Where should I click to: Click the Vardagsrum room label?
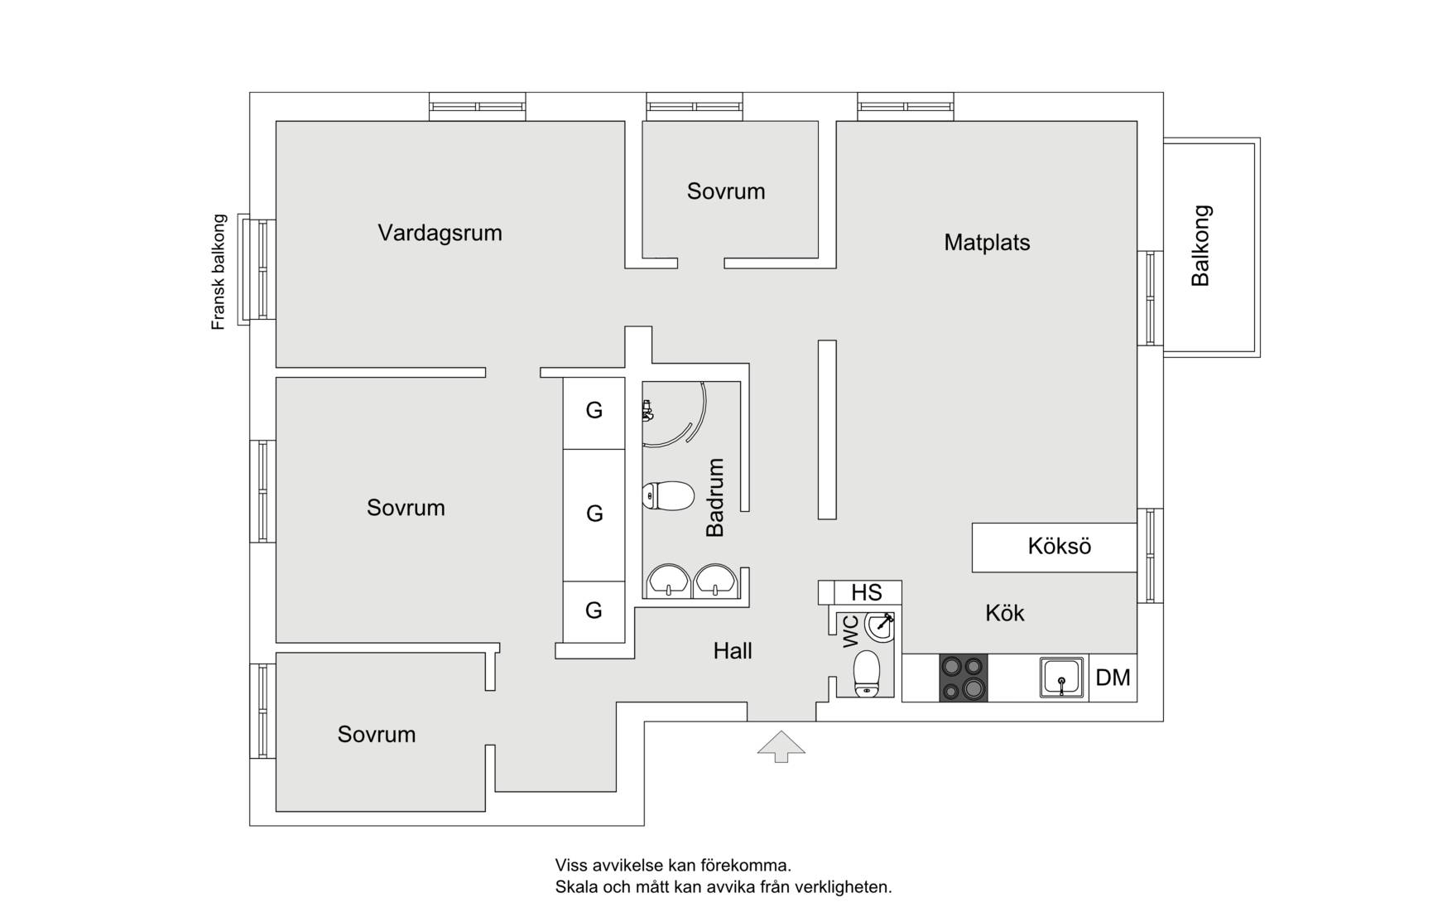(x=440, y=233)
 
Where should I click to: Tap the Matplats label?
(x=987, y=243)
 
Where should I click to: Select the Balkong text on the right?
(x=1200, y=246)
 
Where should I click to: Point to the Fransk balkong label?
(x=219, y=273)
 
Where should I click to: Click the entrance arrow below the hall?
(x=781, y=746)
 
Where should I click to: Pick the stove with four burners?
(x=964, y=678)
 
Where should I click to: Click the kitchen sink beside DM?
(x=1061, y=678)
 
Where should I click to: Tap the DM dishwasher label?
(x=1113, y=678)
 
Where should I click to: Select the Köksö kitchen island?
(x=1054, y=547)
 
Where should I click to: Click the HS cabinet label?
(x=867, y=593)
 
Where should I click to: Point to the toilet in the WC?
(x=867, y=673)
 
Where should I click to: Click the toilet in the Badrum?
(x=667, y=496)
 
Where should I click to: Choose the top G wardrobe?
(x=594, y=413)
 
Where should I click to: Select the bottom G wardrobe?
(x=594, y=611)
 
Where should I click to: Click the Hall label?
(x=733, y=651)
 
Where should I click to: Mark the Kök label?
(x=1005, y=613)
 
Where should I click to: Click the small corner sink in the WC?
(x=879, y=627)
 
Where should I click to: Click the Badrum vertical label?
(x=715, y=497)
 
